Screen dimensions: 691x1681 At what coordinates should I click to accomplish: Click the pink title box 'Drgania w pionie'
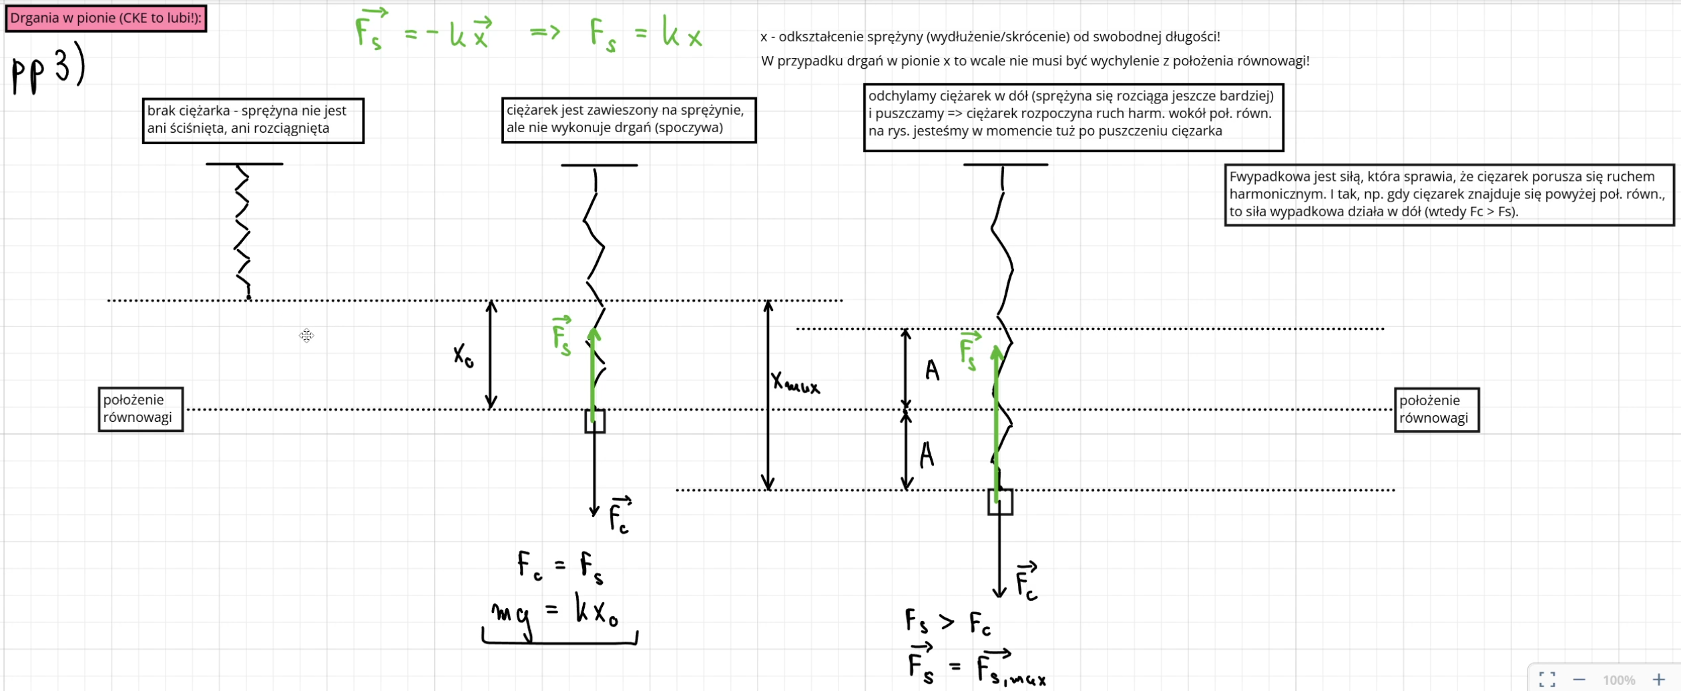[x=105, y=18]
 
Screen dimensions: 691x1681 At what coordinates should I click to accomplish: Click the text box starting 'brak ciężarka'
[x=253, y=120]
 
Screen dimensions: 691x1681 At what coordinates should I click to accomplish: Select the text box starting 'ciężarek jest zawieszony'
[x=628, y=120]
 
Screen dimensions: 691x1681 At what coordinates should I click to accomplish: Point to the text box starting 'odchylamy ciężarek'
[x=1073, y=117]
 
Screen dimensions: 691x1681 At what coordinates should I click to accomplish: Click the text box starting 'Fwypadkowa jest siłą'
[x=1449, y=194]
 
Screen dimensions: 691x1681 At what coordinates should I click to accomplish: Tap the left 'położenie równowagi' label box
[x=140, y=409]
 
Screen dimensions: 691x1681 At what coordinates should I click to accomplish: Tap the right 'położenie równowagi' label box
[x=1436, y=409]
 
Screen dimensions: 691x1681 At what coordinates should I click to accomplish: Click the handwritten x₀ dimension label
[x=463, y=355]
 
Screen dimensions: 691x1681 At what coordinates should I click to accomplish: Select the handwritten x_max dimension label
[x=794, y=383]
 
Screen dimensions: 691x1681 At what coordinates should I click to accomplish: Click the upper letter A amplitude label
[x=932, y=370]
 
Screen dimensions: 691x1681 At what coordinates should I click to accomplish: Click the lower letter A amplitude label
[x=927, y=455]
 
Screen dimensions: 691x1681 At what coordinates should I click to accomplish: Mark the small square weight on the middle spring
[x=595, y=421]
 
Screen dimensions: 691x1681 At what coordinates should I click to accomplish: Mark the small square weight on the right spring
[x=1000, y=502]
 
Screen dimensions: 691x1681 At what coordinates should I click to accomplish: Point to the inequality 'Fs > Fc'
[x=947, y=622]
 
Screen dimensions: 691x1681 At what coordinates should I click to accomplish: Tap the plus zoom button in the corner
[x=1658, y=680]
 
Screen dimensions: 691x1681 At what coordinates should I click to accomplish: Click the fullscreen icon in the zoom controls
[x=1547, y=680]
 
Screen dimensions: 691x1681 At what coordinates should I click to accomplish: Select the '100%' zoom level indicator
[x=1619, y=680]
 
